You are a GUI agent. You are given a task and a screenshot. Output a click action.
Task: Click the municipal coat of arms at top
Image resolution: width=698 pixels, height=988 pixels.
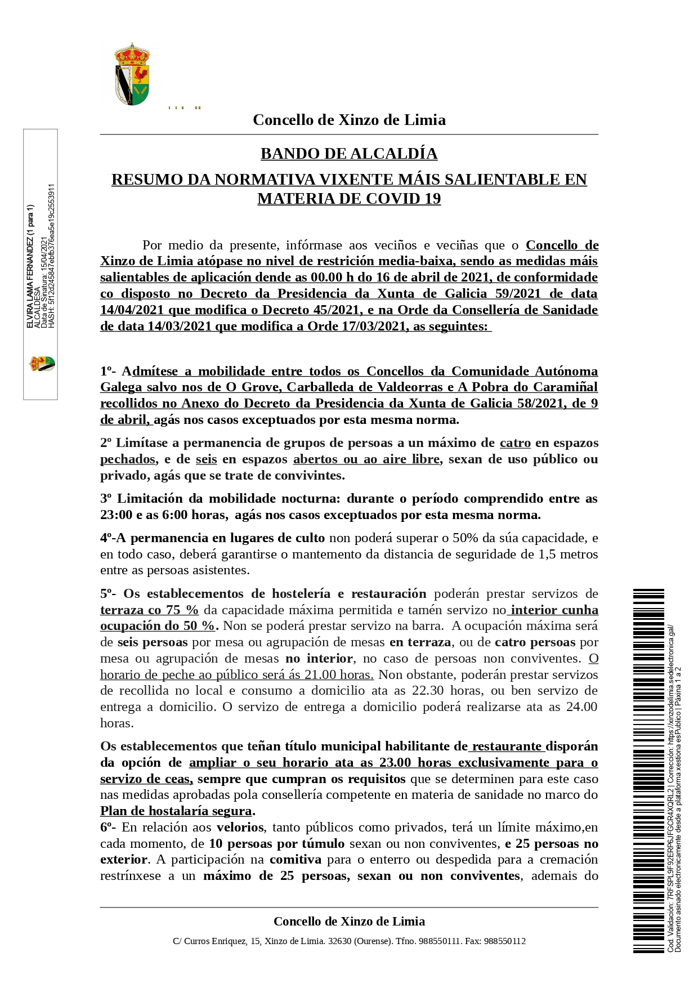click(x=132, y=74)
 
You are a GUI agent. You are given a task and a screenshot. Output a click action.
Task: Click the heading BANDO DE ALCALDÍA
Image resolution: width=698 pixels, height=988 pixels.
click(x=349, y=154)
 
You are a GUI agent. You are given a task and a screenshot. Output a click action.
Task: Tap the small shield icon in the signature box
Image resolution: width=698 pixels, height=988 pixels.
click(x=42, y=364)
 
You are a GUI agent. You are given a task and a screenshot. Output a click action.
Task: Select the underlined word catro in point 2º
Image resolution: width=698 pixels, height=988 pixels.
click(x=515, y=443)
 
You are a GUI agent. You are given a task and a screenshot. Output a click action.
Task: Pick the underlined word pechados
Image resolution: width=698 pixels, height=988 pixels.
click(x=128, y=459)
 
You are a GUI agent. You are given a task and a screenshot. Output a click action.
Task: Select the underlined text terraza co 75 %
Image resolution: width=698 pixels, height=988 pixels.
click(x=149, y=610)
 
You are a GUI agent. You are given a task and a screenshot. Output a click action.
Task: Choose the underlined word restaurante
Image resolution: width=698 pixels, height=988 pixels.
click(x=508, y=746)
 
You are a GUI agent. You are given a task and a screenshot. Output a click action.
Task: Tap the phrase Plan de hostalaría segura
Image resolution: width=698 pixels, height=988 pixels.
click(x=176, y=811)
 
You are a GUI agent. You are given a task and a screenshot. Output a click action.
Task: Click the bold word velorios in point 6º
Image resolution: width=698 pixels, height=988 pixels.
click(x=240, y=828)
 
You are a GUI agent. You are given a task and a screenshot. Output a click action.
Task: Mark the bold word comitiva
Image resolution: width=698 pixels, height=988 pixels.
click(x=296, y=860)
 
